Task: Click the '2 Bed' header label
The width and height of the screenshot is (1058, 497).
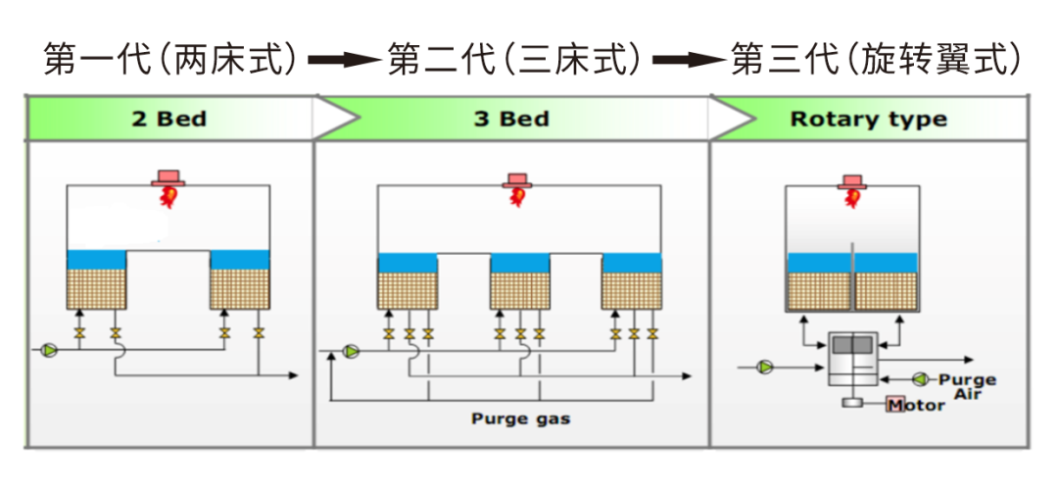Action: (x=169, y=120)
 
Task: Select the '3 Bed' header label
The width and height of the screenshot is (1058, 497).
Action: (x=511, y=120)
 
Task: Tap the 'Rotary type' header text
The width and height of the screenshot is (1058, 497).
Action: (x=868, y=120)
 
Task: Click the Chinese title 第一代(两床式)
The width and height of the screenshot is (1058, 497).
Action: (x=171, y=60)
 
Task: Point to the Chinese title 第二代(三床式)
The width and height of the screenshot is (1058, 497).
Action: (x=515, y=60)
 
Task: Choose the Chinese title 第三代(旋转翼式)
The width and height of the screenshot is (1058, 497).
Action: (x=878, y=60)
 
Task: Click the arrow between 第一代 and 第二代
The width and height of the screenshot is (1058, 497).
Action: (x=343, y=61)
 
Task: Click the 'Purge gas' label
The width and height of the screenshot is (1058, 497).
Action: (x=520, y=419)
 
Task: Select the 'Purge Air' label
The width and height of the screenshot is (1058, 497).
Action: (x=966, y=385)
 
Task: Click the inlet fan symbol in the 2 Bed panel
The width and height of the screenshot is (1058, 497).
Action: (x=49, y=349)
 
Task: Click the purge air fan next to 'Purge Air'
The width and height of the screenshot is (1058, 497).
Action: (x=920, y=378)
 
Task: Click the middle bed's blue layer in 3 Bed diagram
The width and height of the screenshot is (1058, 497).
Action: (x=518, y=263)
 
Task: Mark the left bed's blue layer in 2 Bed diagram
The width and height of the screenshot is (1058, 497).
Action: (x=96, y=259)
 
